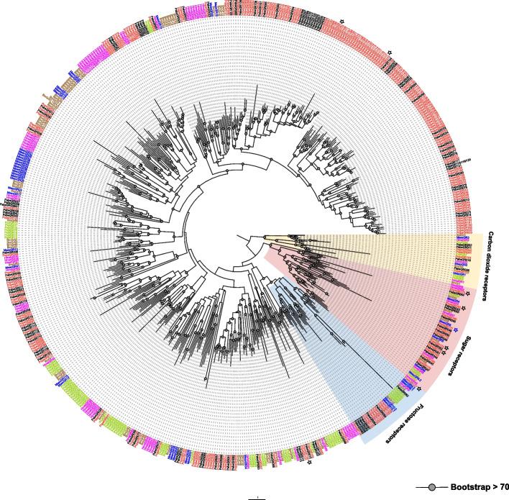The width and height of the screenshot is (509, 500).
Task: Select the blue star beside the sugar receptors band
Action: coord(455,329)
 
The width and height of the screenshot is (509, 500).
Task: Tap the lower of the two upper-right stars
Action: coord(389,52)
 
